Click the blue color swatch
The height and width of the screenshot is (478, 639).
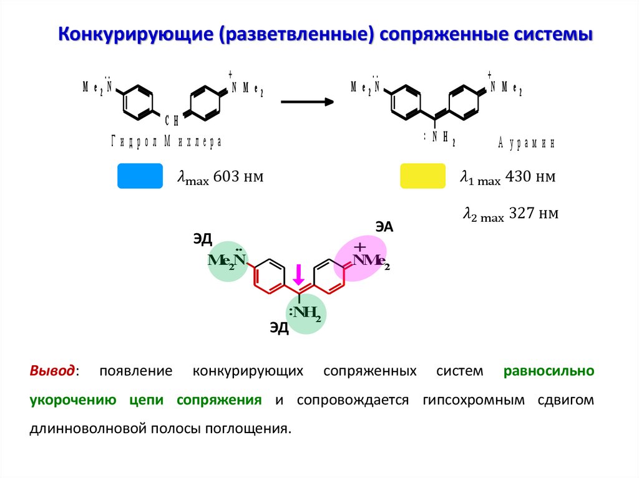(x=140, y=176)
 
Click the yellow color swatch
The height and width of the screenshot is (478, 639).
(x=422, y=176)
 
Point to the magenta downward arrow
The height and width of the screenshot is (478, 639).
(x=299, y=275)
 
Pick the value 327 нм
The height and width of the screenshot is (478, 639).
(x=534, y=214)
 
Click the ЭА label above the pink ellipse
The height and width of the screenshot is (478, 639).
(x=384, y=227)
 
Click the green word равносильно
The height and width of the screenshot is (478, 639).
(x=549, y=371)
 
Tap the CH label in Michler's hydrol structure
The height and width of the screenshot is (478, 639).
(x=172, y=120)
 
